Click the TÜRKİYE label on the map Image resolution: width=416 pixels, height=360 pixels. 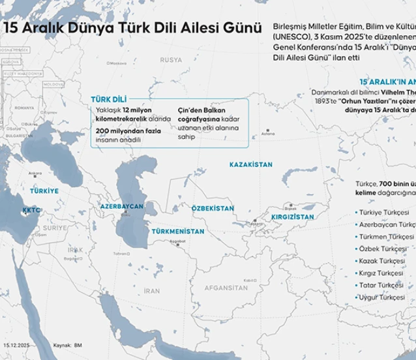click(44, 191)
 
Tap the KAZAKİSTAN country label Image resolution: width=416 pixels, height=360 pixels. click(251, 165)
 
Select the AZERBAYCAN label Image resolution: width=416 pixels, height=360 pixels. click(121, 206)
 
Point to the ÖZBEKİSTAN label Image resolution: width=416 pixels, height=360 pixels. click(213, 208)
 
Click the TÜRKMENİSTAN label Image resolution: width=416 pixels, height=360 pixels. click(178, 231)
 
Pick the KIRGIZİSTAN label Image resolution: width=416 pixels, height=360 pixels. click(293, 217)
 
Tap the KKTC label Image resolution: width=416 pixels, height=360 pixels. click(31, 211)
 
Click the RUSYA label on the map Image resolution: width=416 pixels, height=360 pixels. click(171, 60)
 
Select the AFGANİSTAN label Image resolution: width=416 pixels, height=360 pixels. click(226, 288)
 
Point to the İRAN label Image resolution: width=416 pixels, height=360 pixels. click(151, 291)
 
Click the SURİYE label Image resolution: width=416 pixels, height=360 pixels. click(55, 228)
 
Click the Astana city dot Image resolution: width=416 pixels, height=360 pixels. click(264, 130)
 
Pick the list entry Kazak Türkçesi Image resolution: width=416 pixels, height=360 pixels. click(381, 261)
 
